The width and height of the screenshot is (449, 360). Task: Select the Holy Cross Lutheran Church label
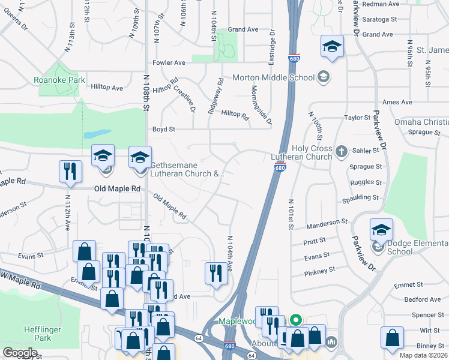[311, 152]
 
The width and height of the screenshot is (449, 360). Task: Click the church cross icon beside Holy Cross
[342, 150]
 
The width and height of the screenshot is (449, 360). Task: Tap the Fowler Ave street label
[169, 62]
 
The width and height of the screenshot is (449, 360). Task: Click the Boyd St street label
[163, 129]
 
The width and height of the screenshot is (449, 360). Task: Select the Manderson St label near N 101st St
[328, 226]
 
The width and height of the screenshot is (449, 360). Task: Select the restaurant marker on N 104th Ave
[214, 274]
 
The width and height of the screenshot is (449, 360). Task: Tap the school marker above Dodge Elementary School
[381, 230]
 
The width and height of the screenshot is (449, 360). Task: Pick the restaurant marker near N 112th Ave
[70, 172]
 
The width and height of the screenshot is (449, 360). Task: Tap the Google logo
[20, 352]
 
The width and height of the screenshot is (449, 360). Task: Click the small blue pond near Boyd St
[97, 133]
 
